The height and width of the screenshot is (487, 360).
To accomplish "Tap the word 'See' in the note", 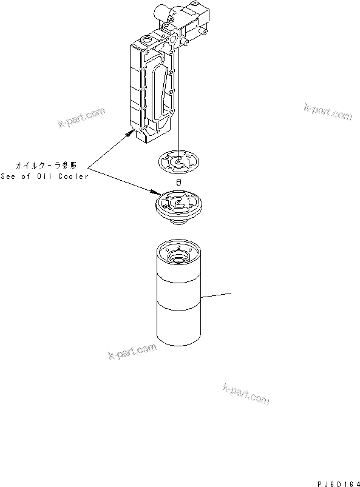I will point(9,176).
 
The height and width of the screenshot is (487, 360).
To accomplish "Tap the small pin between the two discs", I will point(178,181).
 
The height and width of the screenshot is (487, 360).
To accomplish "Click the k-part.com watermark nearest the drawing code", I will point(246,394).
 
